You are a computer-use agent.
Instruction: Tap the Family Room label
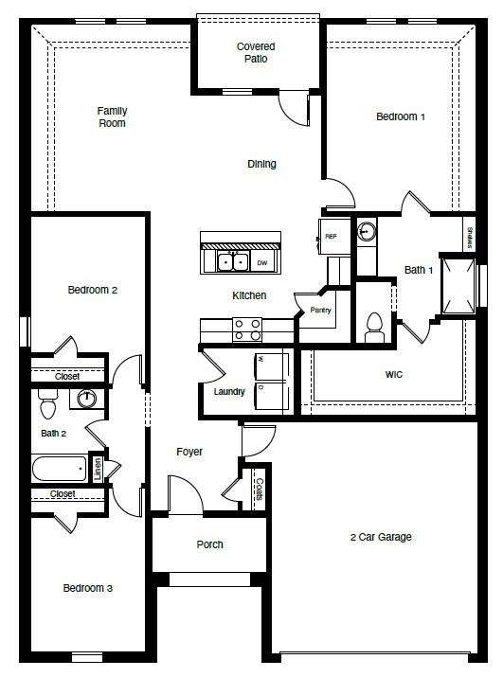(x=112, y=117)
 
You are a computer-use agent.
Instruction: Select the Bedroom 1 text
(x=401, y=116)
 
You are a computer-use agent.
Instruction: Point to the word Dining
(x=262, y=164)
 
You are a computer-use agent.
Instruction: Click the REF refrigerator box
(x=331, y=237)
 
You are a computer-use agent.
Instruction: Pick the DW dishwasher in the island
(x=263, y=262)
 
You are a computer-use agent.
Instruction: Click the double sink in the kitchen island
(x=231, y=261)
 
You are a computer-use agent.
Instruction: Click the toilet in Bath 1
(x=373, y=326)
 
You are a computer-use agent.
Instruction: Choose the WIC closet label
(x=394, y=375)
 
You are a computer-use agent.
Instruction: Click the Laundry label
(x=229, y=392)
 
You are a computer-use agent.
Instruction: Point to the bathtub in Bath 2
(x=60, y=469)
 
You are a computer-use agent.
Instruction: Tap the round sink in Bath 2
(x=87, y=399)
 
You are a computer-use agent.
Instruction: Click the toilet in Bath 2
(x=49, y=405)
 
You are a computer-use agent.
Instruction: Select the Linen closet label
(x=98, y=469)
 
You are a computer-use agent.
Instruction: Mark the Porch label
(x=209, y=544)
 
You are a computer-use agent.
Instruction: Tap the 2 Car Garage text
(x=380, y=537)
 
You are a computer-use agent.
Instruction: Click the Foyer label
(x=189, y=452)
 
